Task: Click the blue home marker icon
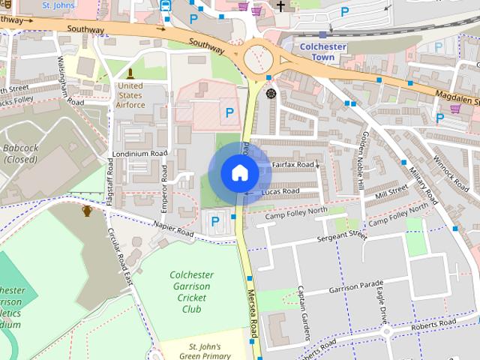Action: [x=239, y=172]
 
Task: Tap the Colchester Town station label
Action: [x=321, y=52]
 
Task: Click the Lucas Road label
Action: [x=280, y=191]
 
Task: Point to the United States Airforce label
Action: [x=130, y=95]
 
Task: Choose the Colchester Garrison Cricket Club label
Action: [x=191, y=292]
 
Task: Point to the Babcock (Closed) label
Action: [x=20, y=154]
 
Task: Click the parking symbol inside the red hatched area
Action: [x=229, y=112]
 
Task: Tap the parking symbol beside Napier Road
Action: [x=216, y=220]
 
